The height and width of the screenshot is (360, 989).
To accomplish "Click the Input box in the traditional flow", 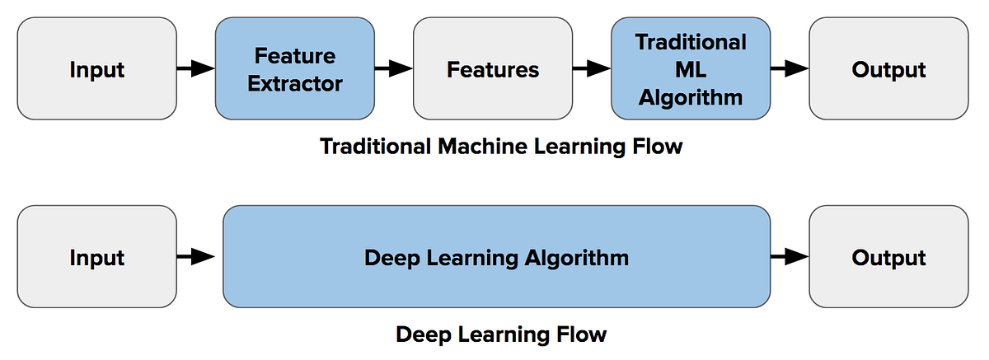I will click(x=96, y=69).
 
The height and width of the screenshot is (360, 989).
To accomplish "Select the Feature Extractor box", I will click(x=295, y=69).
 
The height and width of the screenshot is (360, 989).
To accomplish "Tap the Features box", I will click(x=493, y=69).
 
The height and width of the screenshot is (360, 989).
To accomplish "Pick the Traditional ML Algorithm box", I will click(x=691, y=69).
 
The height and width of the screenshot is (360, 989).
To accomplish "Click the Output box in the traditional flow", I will click(x=888, y=69).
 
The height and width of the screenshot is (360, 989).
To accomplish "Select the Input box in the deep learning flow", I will click(x=96, y=257).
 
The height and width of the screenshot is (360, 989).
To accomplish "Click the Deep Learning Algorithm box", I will click(x=496, y=257).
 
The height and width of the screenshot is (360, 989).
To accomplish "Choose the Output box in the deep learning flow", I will click(x=888, y=257).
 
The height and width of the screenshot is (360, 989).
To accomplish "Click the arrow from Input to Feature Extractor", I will click(x=196, y=69).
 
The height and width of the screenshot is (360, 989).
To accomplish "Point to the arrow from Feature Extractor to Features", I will click(x=394, y=69).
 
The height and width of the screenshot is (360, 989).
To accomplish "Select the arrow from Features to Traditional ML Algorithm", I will click(x=592, y=69).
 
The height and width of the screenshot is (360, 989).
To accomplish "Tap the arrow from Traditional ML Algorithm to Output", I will click(x=790, y=69).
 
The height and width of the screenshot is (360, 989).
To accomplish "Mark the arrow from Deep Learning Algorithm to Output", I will click(x=790, y=257).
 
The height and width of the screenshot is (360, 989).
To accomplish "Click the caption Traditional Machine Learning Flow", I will click(x=501, y=147).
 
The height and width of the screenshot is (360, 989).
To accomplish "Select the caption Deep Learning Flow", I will click(x=501, y=334).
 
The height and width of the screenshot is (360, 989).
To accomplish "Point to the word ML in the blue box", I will click(x=691, y=70).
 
